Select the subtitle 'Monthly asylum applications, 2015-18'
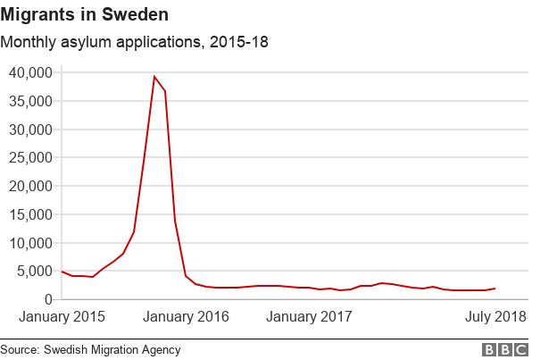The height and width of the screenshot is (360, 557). [x=134, y=42]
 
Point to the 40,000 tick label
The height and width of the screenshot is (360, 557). [x=31, y=72]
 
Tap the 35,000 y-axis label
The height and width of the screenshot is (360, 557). [x=31, y=101]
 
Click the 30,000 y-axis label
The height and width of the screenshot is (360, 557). [x=31, y=130]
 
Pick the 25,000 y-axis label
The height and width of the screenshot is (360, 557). [x=31, y=158]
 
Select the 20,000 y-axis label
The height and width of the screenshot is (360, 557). [x=31, y=187]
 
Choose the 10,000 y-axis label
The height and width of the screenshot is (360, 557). [x=31, y=243]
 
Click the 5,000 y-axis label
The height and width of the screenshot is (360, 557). [x=36, y=272]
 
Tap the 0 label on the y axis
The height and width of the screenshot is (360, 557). [x=49, y=300]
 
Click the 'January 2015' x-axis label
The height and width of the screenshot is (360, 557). [x=62, y=317]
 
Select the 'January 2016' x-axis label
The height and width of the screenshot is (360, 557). [x=186, y=317]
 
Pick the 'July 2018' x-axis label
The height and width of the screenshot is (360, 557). [x=495, y=317]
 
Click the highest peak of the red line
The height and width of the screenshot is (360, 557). [x=154, y=77]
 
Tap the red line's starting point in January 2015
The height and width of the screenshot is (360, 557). [x=62, y=272]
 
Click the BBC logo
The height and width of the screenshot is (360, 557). [x=505, y=350]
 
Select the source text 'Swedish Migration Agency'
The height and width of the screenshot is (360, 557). [x=114, y=350]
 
